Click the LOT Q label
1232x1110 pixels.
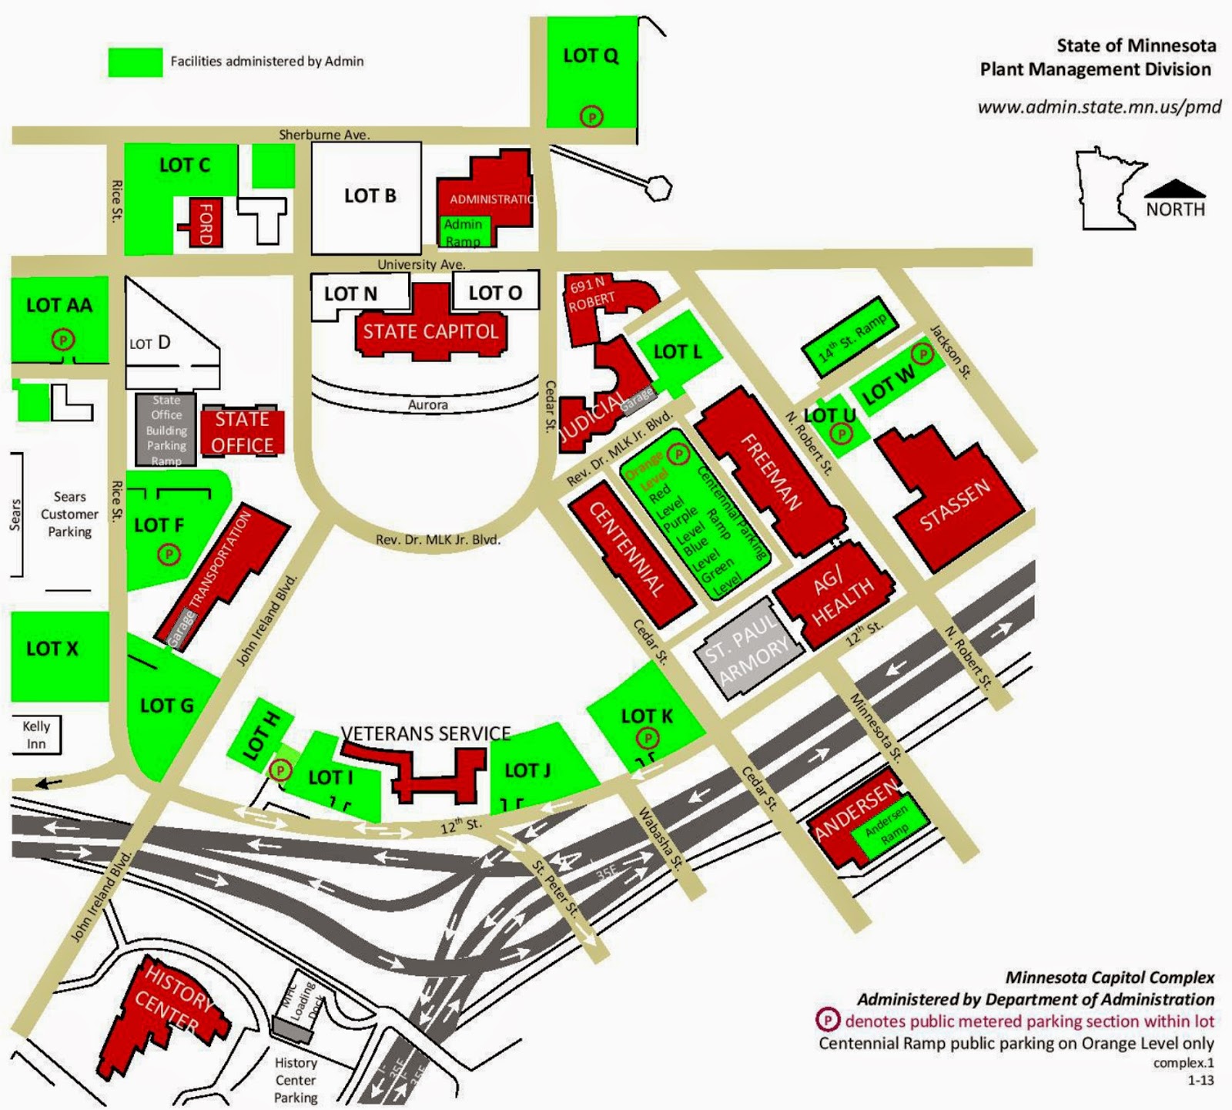point(591,55)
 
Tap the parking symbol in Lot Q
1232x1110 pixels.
point(591,116)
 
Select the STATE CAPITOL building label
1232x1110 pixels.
point(430,331)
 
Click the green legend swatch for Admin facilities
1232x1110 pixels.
point(135,62)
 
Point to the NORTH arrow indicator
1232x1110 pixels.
point(1174,189)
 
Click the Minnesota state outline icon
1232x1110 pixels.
point(1109,189)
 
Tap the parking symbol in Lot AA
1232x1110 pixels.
point(62,338)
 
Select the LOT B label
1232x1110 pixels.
point(370,196)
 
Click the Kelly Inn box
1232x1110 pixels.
point(35,735)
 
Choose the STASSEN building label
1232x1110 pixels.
point(954,506)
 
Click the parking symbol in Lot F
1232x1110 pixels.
point(169,553)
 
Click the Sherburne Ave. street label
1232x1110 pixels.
point(324,135)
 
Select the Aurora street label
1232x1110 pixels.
point(427,404)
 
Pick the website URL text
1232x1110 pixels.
point(1099,107)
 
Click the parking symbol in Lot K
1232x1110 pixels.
point(649,739)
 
